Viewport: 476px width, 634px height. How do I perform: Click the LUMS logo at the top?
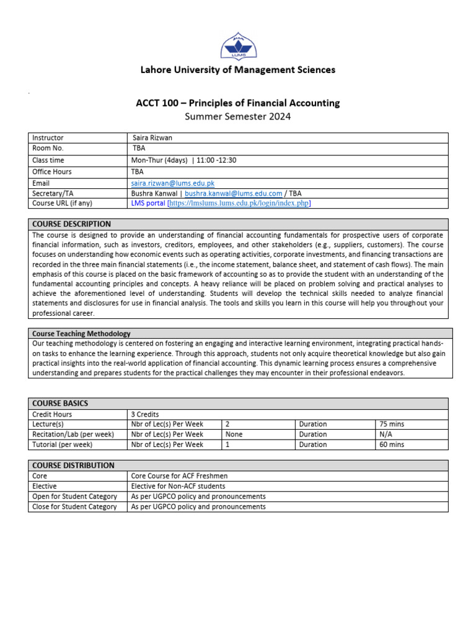tap(237, 42)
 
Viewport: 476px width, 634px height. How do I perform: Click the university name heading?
tap(237, 70)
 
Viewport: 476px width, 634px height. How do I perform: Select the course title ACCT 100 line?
tap(237, 103)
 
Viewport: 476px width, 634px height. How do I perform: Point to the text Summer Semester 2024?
tap(237, 116)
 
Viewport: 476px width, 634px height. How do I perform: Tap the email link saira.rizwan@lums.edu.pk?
tap(172, 183)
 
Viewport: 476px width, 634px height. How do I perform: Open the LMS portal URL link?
tap(239, 203)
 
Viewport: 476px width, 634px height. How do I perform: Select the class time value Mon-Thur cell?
tap(183, 160)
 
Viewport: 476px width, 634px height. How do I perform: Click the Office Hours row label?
tap(52, 172)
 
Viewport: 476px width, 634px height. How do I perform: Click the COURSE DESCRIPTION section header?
tap(72, 224)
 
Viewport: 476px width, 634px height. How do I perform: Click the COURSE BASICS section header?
tap(60, 403)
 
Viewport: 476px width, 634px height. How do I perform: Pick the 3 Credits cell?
tap(143, 414)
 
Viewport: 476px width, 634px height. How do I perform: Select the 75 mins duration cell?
tap(392, 424)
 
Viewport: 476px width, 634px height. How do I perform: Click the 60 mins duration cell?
tap(392, 445)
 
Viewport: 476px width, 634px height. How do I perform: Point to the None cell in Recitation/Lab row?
tap(234, 435)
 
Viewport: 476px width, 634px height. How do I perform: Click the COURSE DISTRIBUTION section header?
tap(73, 465)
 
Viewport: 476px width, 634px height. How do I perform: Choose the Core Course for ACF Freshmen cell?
tap(179, 476)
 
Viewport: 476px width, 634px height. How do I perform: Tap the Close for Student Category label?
tap(74, 506)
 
